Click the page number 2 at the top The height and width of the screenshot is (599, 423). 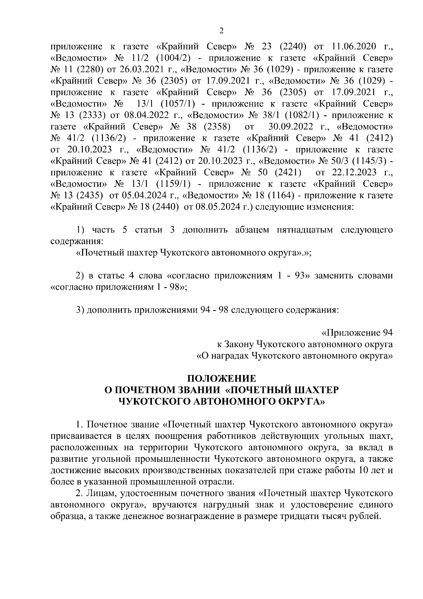tap(221, 31)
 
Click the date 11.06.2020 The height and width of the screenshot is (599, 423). tap(355, 47)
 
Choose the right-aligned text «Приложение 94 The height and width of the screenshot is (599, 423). tap(357, 333)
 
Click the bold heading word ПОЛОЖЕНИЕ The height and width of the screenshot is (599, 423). tap(221, 379)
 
